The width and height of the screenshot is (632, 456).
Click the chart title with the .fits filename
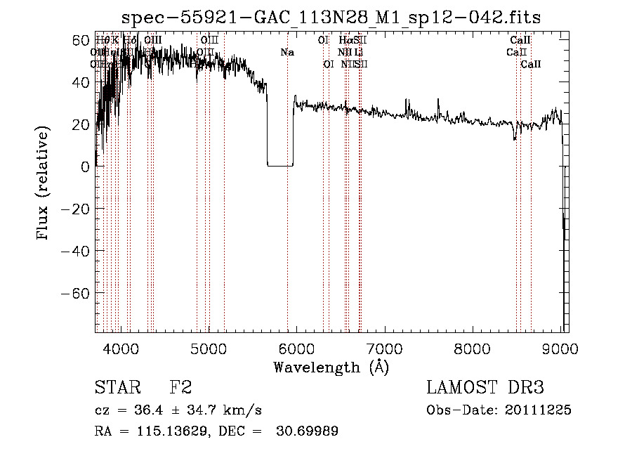[331, 17]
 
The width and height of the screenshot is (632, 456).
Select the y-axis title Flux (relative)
[44, 184]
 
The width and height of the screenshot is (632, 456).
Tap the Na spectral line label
[287, 52]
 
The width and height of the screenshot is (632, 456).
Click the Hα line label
[345, 40]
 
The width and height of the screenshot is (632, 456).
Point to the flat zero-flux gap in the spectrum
[280, 165]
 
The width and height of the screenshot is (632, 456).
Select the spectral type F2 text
[180, 387]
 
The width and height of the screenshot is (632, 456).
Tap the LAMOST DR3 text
[485, 387]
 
